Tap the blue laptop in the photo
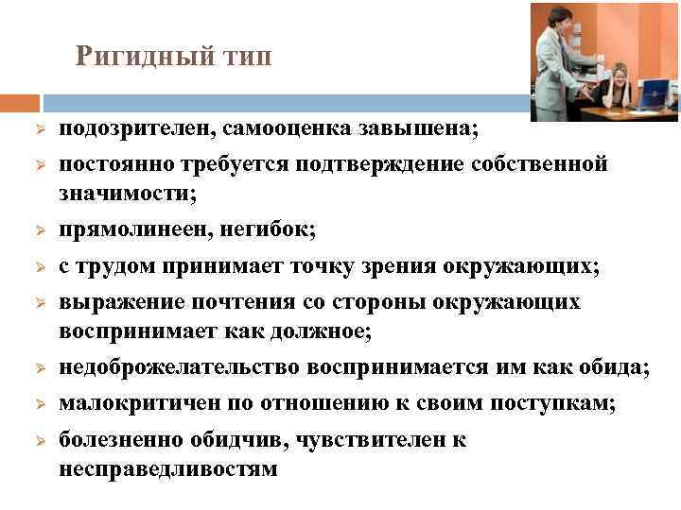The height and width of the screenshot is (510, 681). (654, 93)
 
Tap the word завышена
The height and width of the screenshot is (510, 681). (429, 128)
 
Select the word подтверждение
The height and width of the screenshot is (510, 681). (369, 164)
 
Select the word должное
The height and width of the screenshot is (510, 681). (320, 331)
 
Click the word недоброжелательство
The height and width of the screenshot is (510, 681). (181, 367)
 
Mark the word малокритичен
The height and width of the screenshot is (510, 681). (131, 403)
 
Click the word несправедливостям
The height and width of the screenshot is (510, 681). (167, 468)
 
